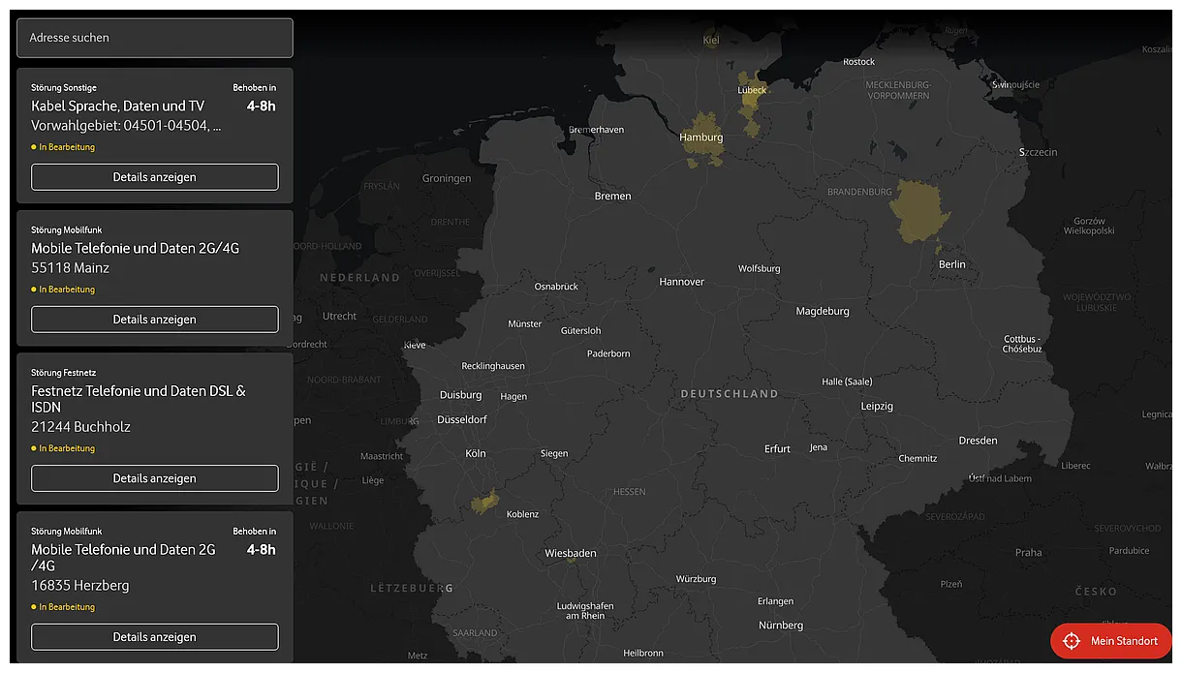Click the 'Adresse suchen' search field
click(x=154, y=38)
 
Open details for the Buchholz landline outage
click(x=154, y=478)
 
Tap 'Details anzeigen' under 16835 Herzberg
click(x=154, y=637)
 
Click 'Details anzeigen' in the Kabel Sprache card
click(x=154, y=177)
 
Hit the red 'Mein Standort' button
click(x=1111, y=641)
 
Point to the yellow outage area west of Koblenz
click(x=484, y=502)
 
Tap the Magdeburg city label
click(x=823, y=311)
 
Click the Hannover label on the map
click(x=681, y=282)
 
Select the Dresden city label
click(x=978, y=441)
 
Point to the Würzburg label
click(x=696, y=579)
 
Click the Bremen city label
click(x=612, y=196)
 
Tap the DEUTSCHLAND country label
click(x=730, y=394)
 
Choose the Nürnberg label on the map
click(x=781, y=626)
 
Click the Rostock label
click(x=858, y=62)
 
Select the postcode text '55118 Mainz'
click(x=70, y=268)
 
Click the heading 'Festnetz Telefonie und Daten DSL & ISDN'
click(x=139, y=399)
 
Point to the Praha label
click(x=1028, y=553)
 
